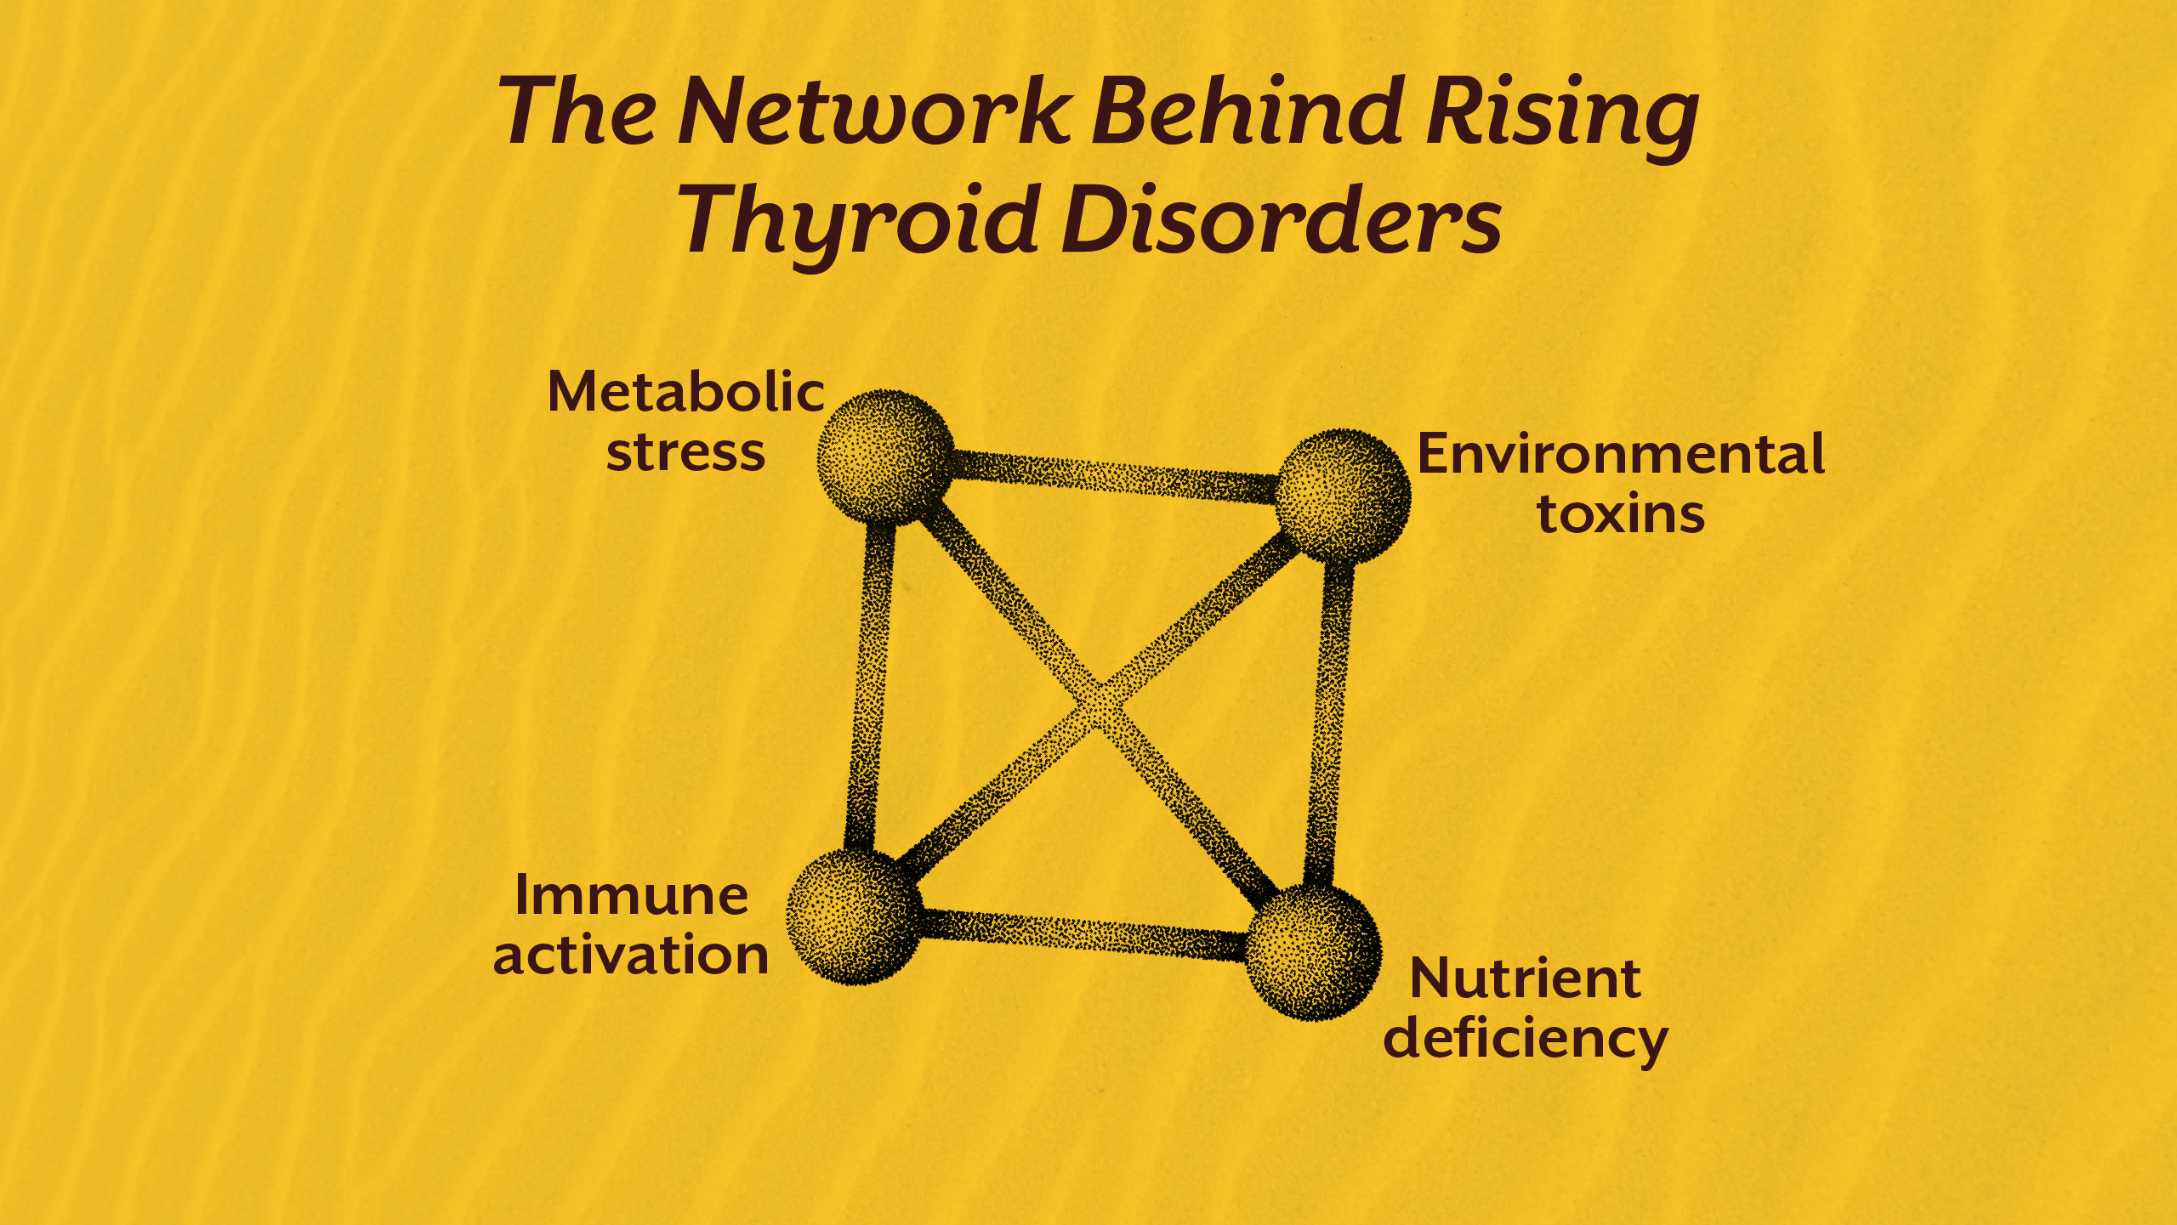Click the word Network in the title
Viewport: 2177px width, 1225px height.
[x=874, y=112]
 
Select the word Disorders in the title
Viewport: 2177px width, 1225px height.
[x=1281, y=221]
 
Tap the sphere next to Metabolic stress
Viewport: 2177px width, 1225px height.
[x=885, y=457]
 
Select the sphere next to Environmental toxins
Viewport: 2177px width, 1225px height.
[x=1344, y=496]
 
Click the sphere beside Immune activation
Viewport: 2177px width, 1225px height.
[x=854, y=916]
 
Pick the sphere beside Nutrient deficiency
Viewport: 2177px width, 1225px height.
[x=1313, y=952]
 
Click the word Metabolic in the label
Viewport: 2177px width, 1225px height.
[x=685, y=393]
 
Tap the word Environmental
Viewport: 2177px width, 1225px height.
[x=1621, y=454]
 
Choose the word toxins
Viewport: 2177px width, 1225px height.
[x=1621, y=514]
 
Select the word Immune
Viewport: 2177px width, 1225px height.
[x=631, y=896]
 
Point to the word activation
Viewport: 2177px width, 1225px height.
[x=631, y=956]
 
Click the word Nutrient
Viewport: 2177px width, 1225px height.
[x=1525, y=979]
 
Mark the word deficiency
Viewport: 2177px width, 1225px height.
[x=1525, y=1040]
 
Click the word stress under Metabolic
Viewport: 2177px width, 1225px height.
[x=685, y=452]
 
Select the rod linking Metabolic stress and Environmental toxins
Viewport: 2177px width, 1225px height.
[x=1114, y=476]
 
